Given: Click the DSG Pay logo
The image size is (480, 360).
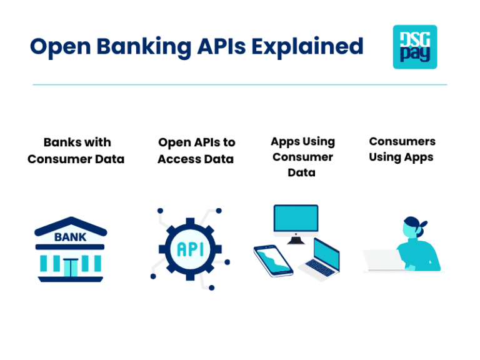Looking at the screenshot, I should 414,47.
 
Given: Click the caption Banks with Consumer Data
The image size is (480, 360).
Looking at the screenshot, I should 76,151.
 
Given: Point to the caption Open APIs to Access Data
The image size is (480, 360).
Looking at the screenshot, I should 196,151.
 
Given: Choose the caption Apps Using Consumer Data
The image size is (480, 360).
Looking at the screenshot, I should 302,157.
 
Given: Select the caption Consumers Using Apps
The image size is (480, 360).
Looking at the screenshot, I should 401,149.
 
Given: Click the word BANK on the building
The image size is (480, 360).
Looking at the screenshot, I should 71,237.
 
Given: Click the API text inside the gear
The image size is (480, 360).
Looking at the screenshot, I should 190,249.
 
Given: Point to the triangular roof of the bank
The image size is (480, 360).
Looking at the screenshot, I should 71,226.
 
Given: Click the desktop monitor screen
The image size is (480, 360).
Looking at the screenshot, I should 296,219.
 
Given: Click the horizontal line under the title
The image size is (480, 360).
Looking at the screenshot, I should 239,84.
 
